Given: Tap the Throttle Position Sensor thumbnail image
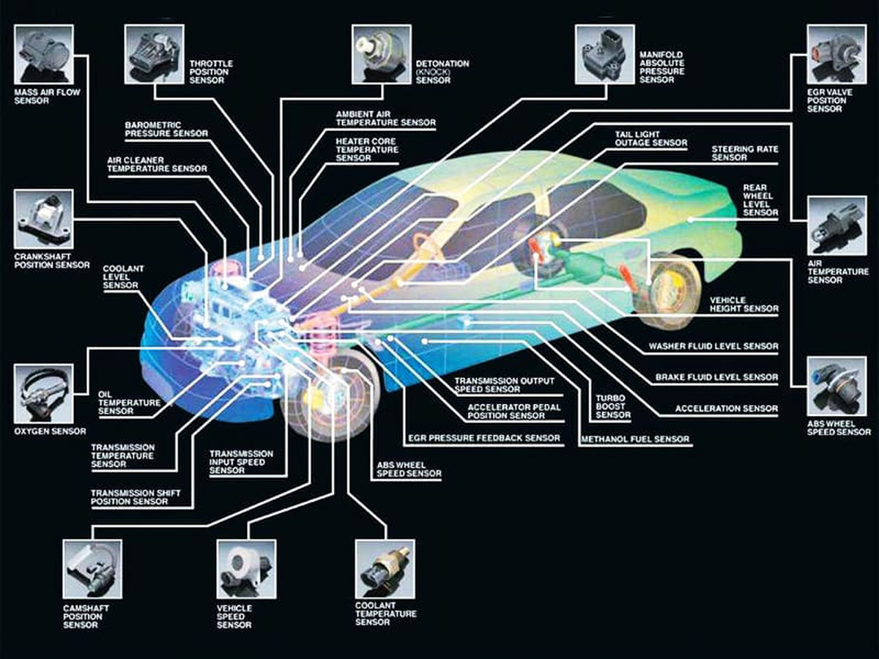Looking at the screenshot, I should point(153,54).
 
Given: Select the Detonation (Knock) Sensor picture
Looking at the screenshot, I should point(381,54).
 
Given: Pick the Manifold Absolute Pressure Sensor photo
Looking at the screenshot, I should point(604,54).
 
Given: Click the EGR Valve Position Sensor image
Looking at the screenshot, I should point(836,54).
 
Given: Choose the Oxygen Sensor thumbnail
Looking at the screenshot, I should point(43,393).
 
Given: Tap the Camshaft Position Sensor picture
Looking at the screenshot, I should point(92,569).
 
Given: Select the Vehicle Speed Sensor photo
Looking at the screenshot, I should point(246,569).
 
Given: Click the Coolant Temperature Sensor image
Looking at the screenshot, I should point(385,569).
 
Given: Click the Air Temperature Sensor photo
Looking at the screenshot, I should point(836,226).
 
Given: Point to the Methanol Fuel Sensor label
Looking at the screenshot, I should point(635,439).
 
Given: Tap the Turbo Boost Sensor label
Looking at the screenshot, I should point(613,405).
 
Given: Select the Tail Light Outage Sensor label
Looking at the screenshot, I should point(651,139).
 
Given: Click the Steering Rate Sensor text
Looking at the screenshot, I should point(745,153).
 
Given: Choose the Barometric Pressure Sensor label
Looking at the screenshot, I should point(166,129).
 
